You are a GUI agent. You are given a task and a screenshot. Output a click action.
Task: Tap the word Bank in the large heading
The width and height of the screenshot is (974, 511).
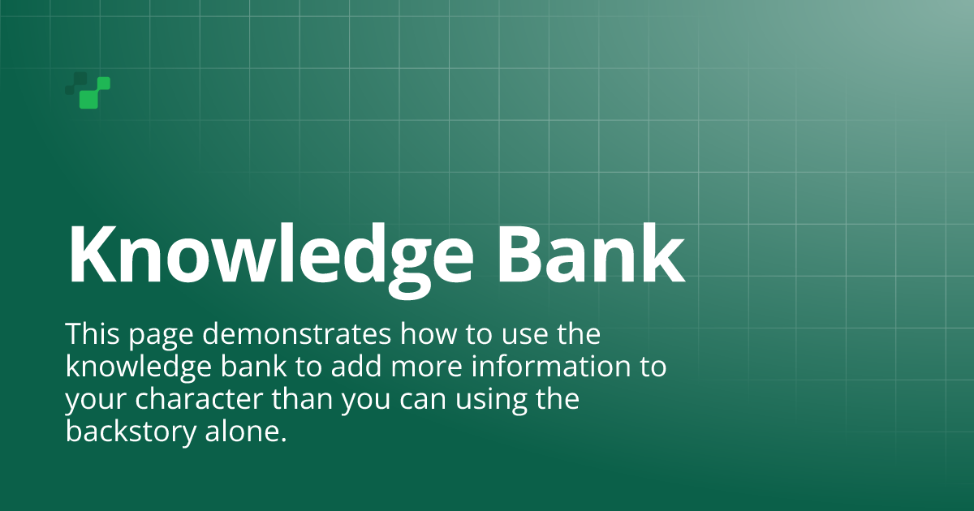592,254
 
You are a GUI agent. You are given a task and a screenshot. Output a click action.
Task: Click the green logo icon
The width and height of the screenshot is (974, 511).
88,90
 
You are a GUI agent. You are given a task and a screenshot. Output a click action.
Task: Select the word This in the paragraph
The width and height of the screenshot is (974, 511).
93,333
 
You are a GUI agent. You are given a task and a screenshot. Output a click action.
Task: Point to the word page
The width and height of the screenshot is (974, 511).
161,337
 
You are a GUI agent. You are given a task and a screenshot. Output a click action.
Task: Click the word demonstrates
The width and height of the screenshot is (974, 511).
296,333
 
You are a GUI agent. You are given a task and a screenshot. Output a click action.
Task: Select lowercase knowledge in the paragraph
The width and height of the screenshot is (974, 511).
138,368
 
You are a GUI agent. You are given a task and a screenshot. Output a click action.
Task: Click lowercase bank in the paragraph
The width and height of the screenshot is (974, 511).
253,366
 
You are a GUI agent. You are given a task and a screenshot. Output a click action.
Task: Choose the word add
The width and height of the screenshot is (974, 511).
356,366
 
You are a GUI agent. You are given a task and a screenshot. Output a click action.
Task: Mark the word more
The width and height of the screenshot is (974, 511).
426,369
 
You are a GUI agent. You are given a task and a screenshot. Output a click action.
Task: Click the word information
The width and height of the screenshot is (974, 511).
550,366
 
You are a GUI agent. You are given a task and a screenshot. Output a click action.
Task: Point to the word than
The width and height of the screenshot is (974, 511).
302,398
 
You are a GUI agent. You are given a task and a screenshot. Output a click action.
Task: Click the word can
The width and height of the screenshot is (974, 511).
423,401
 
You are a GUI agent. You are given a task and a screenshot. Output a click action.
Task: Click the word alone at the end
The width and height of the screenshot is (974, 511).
246,431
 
